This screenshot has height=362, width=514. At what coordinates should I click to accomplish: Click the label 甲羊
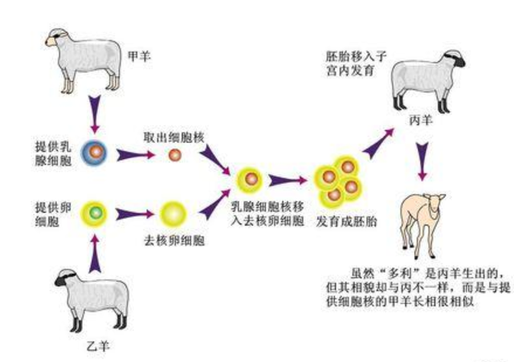(x=138, y=56)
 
